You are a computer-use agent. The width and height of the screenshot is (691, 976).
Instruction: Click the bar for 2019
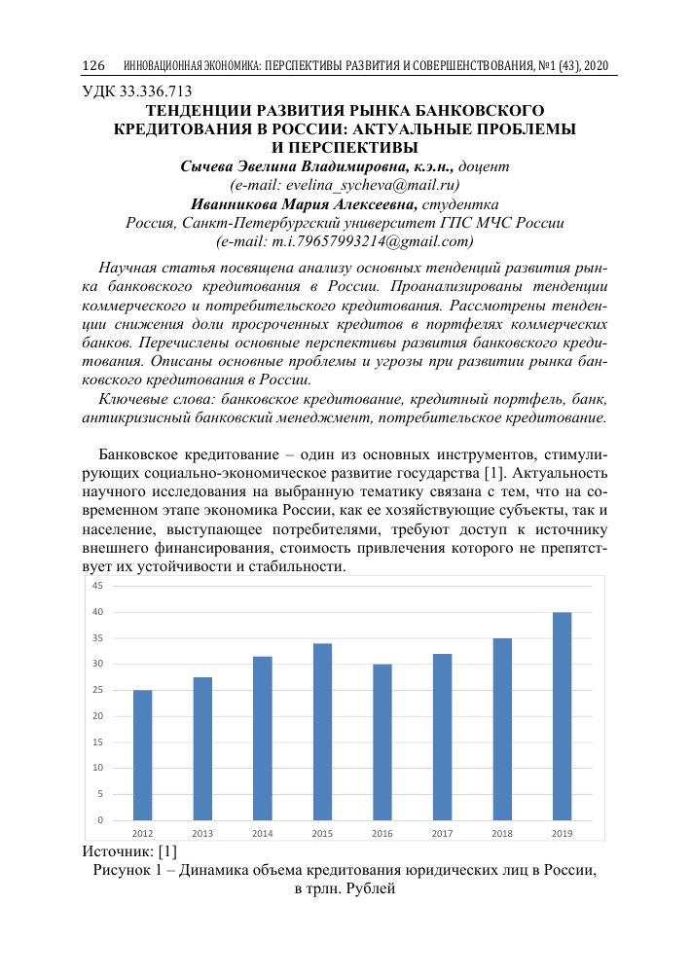(562, 715)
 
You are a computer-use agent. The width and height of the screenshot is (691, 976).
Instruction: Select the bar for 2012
(142, 754)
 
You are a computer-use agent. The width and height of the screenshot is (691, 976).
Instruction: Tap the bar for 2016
(382, 741)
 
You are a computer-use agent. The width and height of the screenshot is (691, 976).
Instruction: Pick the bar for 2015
(322, 731)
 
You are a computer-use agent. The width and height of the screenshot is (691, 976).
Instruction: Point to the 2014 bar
(263, 738)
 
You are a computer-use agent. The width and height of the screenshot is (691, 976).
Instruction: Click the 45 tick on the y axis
(98, 586)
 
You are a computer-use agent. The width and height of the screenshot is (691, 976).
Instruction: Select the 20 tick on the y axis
(98, 716)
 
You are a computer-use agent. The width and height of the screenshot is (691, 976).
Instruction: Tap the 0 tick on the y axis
(100, 820)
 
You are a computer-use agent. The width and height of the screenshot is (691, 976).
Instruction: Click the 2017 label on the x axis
(442, 834)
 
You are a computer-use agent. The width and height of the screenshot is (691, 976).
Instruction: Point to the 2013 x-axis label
(202, 834)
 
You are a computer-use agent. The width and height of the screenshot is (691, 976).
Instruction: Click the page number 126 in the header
(92, 65)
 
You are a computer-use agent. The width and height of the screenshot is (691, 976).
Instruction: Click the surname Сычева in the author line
(209, 166)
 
